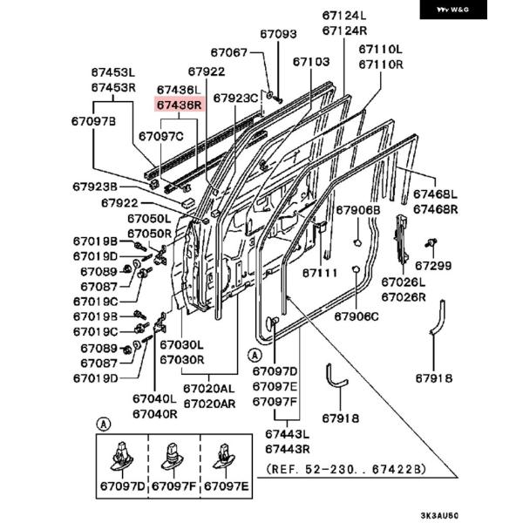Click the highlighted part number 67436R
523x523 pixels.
point(179,105)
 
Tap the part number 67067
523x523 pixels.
point(229,53)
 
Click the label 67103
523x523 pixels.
point(310,62)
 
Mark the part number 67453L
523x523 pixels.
point(113,72)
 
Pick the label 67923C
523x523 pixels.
point(235,98)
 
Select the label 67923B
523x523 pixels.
point(95,187)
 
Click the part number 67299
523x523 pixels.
point(433,265)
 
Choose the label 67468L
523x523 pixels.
point(435,194)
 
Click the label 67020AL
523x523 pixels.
point(208,389)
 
